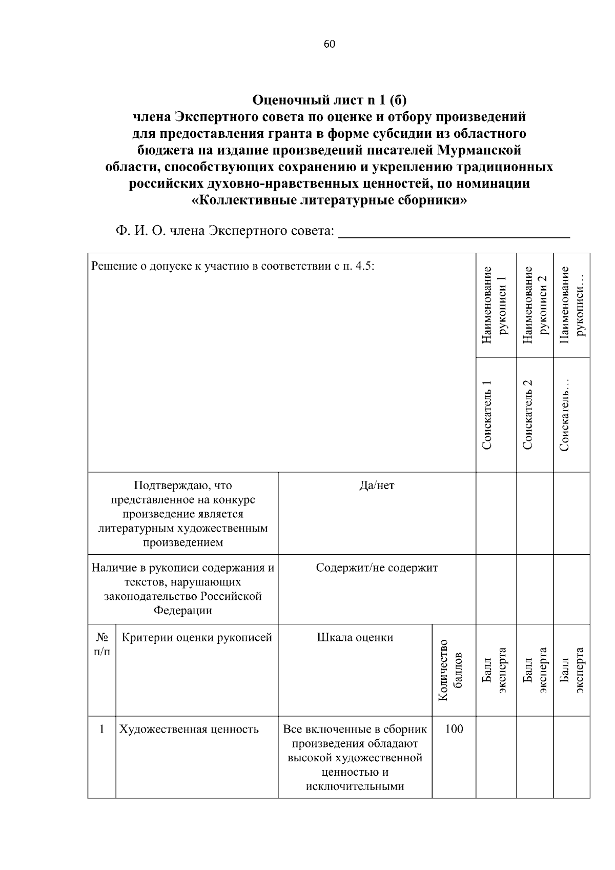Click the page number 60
click(329, 45)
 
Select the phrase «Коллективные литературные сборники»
click(329, 200)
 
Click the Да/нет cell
click(377, 485)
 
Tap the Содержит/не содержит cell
click(377, 568)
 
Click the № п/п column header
click(102, 644)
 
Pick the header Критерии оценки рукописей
click(197, 638)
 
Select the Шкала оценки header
click(355, 638)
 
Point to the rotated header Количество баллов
click(450, 670)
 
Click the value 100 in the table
click(454, 729)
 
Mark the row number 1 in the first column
click(102, 729)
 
